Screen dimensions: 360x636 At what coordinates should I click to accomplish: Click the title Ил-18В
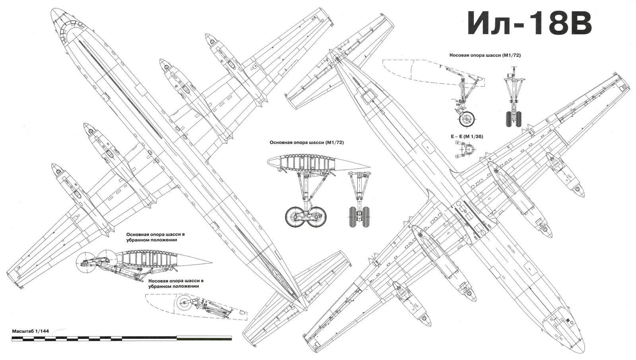[529, 23]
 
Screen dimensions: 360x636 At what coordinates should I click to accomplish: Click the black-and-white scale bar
[122, 339]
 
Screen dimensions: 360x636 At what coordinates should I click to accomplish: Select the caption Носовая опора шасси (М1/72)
[485, 55]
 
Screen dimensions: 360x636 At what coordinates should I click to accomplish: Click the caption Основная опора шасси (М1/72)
[306, 142]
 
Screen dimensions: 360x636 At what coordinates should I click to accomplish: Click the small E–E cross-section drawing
[469, 150]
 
